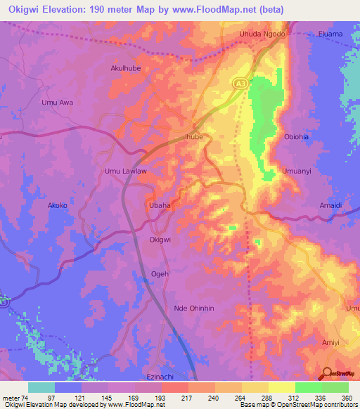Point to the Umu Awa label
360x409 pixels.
click(58, 103)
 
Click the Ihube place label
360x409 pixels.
click(193, 137)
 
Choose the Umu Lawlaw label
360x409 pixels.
click(125, 171)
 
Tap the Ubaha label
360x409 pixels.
click(159, 205)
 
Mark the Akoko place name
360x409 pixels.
click(57, 206)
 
